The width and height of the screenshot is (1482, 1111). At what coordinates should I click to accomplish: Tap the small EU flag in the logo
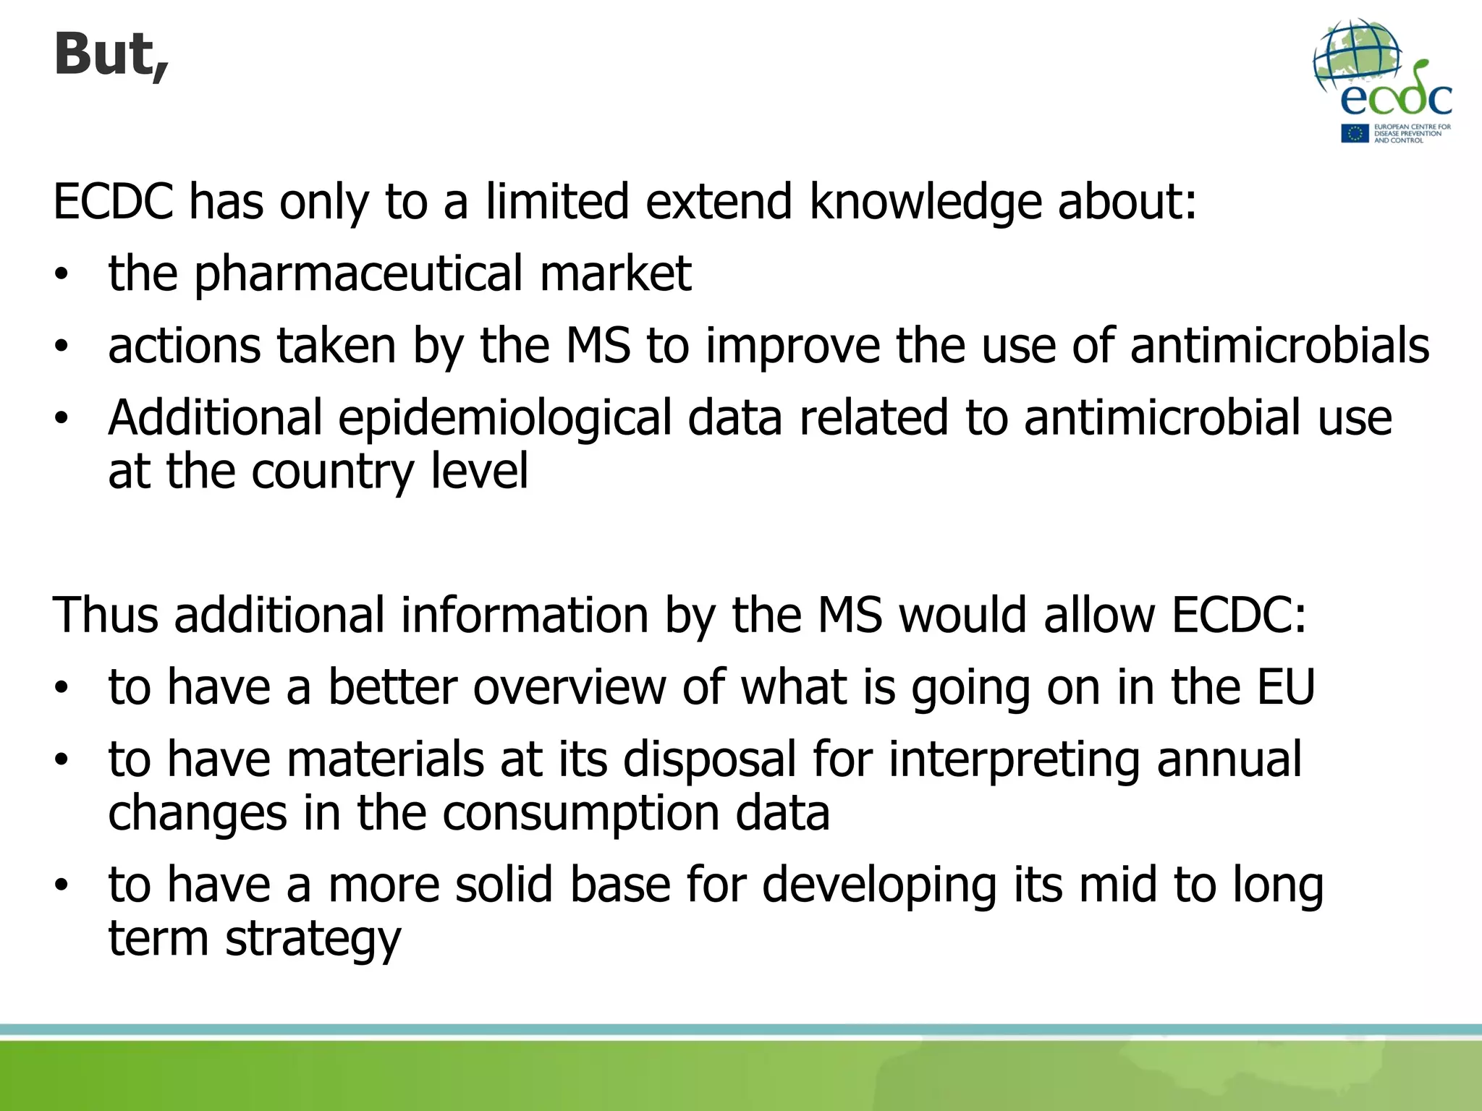tap(1354, 134)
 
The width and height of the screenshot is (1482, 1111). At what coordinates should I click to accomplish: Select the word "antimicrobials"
tap(1279, 345)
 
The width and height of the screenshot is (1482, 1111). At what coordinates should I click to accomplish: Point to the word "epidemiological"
tap(504, 418)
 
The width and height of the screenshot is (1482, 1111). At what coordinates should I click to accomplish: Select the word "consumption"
tap(580, 813)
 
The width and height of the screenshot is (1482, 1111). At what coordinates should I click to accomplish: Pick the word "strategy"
tap(313, 939)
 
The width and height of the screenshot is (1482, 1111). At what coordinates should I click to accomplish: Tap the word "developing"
tap(878, 885)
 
